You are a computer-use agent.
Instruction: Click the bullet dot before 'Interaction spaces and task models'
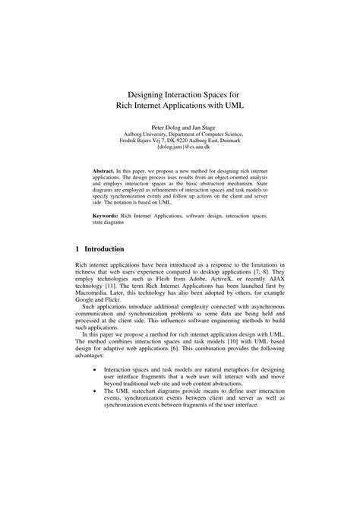pyautogui.click(x=94, y=368)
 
